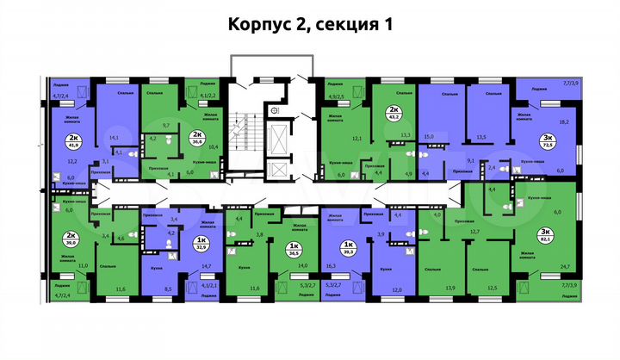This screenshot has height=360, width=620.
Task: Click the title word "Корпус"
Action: [257, 25]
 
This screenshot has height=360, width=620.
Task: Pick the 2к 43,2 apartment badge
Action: [394, 113]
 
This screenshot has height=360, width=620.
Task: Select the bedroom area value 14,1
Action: [115, 136]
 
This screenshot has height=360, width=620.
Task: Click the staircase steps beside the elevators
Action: [251, 143]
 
